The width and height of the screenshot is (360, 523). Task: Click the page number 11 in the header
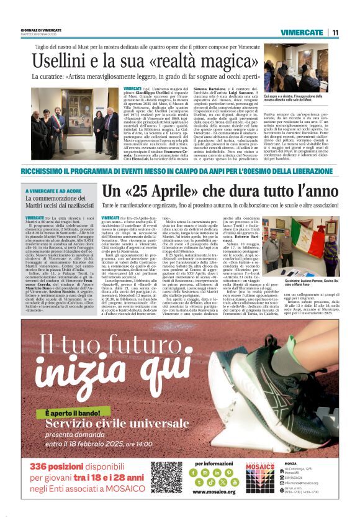(335, 32)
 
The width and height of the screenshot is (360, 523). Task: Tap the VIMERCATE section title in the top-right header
(301, 32)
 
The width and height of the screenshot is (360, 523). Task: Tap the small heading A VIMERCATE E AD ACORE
(52, 191)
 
